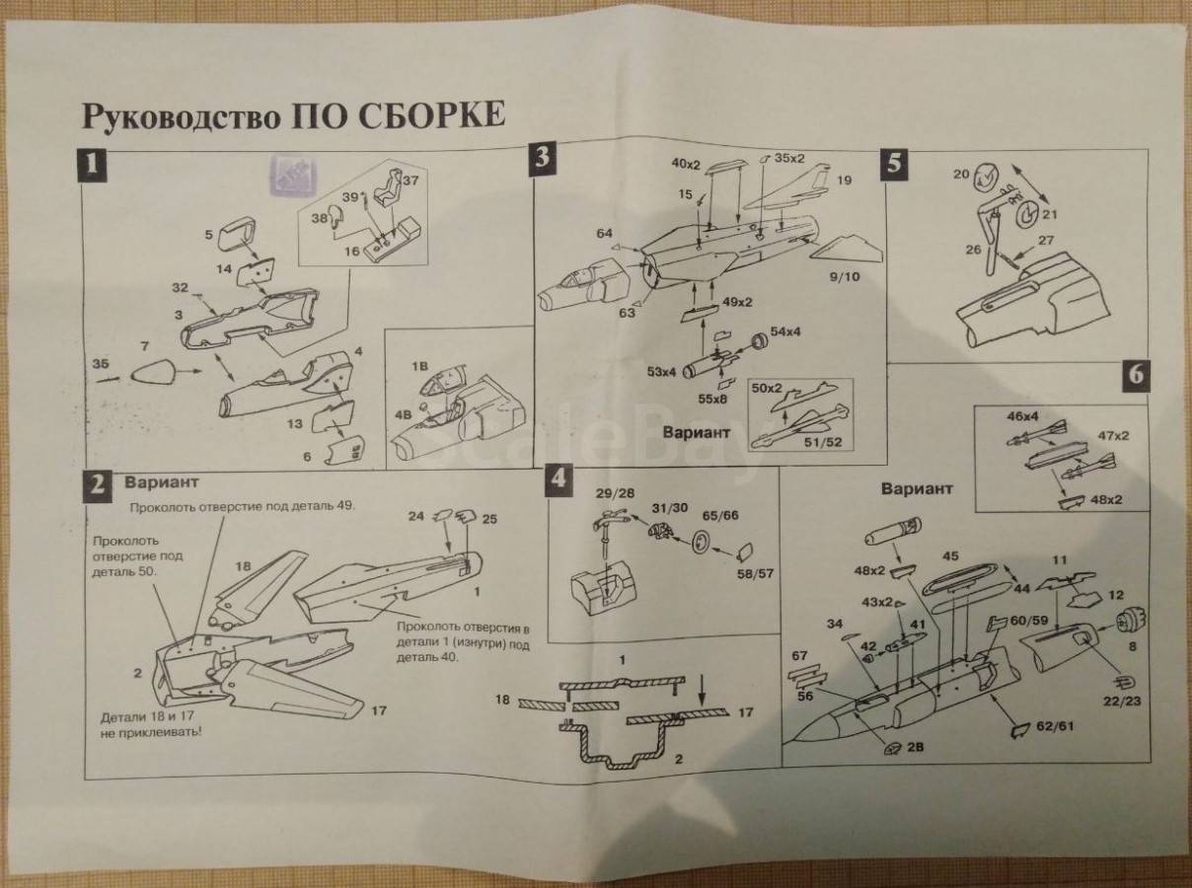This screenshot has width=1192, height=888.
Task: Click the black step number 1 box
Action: [93, 166]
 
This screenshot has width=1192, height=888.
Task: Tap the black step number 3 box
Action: [543, 160]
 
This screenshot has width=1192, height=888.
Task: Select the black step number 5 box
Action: [895, 164]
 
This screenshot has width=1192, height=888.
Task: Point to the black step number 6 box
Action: [1136, 376]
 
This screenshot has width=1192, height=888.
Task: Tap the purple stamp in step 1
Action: [294, 175]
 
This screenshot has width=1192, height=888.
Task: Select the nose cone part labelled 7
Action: [154, 374]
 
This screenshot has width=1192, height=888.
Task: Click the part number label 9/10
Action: [845, 277]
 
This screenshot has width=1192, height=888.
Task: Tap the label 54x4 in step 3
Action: [785, 332]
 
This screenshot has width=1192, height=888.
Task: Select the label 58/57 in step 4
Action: [755, 573]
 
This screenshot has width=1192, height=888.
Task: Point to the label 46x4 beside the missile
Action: [1021, 415]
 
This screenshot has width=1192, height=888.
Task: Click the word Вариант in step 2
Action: [161, 481]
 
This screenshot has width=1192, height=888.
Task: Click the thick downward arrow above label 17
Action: [702, 690]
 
